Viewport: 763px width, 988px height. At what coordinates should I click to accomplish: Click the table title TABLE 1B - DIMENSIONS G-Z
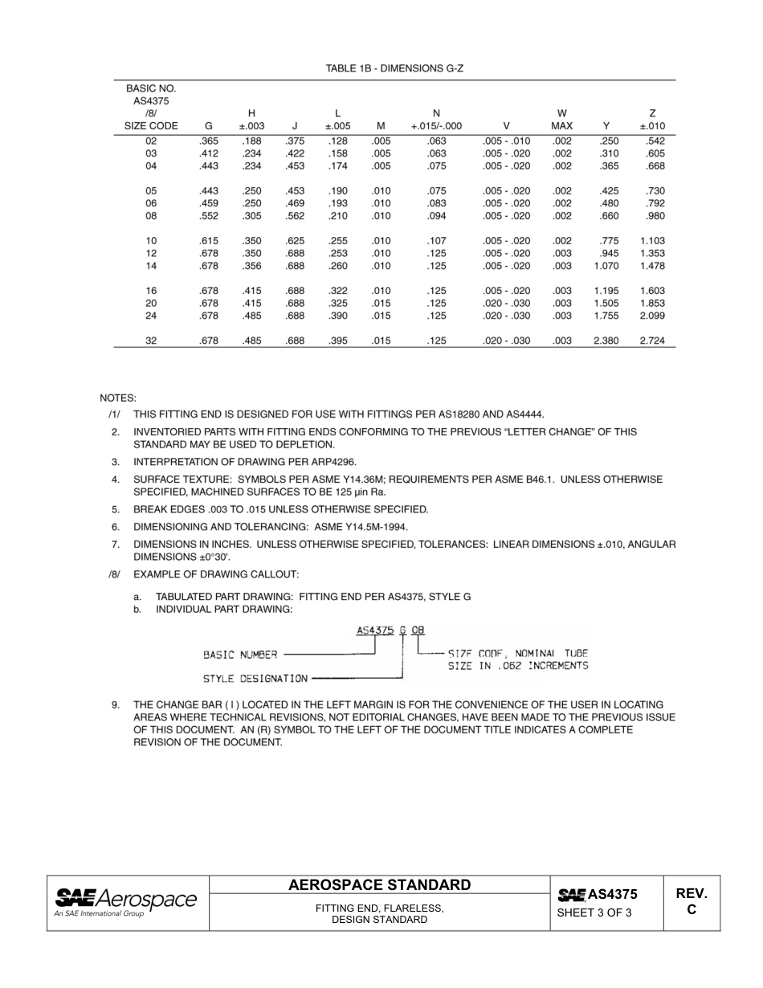[394, 69]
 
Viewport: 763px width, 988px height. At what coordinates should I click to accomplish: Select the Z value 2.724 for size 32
[651, 341]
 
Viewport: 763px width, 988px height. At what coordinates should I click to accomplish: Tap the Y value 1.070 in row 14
[606, 266]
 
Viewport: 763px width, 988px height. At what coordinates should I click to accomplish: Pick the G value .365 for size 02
[209, 141]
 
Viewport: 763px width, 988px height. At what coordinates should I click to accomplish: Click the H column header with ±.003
[251, 120]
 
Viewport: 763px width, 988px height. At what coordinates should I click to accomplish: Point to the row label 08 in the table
[151, 216]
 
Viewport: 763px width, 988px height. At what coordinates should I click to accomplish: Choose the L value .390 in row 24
[337, 316]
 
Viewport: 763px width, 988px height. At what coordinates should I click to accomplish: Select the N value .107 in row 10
[436, 241]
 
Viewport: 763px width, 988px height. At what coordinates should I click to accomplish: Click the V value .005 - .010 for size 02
[506, 141]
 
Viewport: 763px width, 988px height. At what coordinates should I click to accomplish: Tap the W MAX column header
[561, 120]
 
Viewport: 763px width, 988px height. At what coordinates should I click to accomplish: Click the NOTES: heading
[118, 398]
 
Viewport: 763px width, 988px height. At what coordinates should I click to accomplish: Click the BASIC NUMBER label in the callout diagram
[240, 655]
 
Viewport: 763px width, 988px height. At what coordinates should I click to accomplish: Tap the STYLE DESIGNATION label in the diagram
[255, 679]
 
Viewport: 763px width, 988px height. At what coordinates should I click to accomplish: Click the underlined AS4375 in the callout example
[374, 631]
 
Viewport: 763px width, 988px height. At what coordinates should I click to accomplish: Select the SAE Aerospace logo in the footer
[125, 901]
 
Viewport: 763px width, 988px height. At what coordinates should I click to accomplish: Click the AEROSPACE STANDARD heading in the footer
[379, 885]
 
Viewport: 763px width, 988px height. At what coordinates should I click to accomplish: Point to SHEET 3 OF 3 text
[594, 912]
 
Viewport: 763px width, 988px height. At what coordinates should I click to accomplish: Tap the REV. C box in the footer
[691, 901]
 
